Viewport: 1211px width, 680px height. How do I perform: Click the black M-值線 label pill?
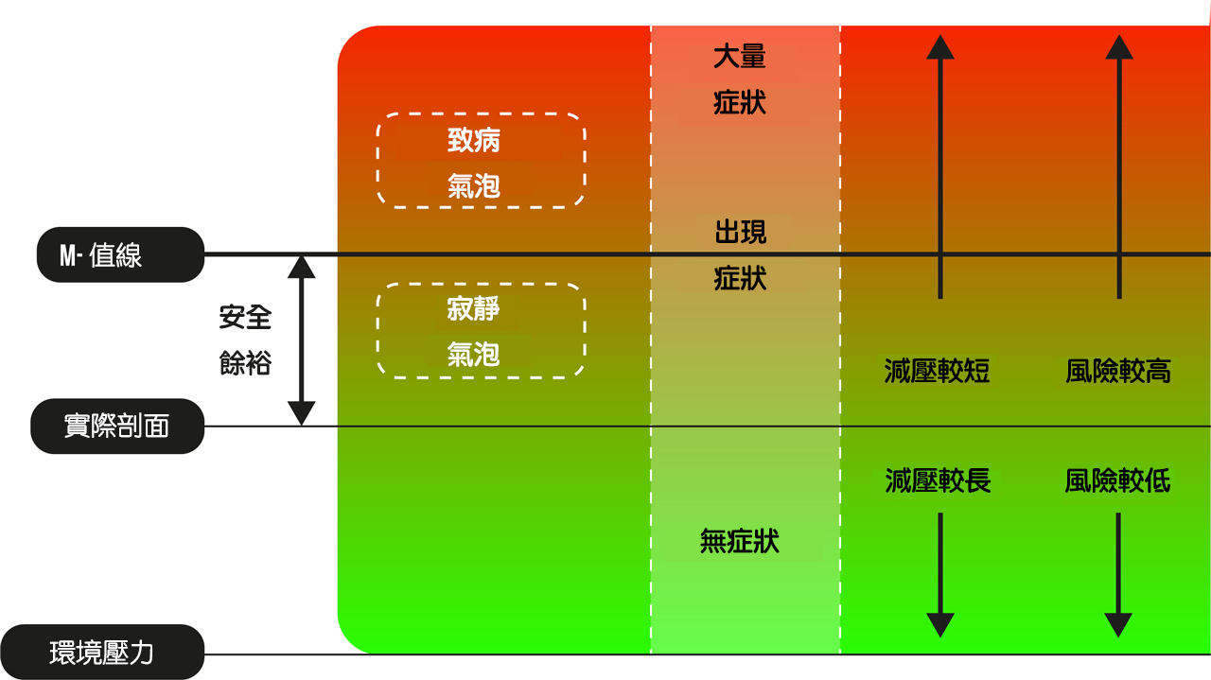tap(120, 254)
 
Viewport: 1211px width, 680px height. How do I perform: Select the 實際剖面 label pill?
tap(117, 426)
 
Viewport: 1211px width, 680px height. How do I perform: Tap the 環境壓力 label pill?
tap(102, 652)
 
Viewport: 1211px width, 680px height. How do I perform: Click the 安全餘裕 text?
tap(245, 340)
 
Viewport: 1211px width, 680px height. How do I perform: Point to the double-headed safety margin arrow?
tap(301, 340)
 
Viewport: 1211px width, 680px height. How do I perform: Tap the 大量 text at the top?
tap(740, 57)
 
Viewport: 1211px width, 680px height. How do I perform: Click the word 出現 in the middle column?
tap(740, 232)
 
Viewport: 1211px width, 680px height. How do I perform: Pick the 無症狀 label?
tap(740, 541)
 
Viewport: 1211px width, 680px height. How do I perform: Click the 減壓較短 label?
tap(937, 371)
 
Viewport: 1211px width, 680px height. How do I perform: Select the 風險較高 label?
tap(1118, 371)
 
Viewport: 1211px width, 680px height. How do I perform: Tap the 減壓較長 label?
tap(938, 480)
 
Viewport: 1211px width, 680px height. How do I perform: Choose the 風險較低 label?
tap(1117, 480)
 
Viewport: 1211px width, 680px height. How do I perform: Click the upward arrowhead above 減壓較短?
tap(940, 47)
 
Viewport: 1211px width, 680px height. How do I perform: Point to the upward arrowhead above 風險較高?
tap(1119, 47)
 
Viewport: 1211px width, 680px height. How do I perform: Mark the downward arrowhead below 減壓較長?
tap(940, 625)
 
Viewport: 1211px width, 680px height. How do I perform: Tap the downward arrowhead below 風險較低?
tap(1118, 625)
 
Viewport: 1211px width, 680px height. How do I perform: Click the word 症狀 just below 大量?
tap(740, 103)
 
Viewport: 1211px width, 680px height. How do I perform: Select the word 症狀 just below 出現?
tap(740, 278)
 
